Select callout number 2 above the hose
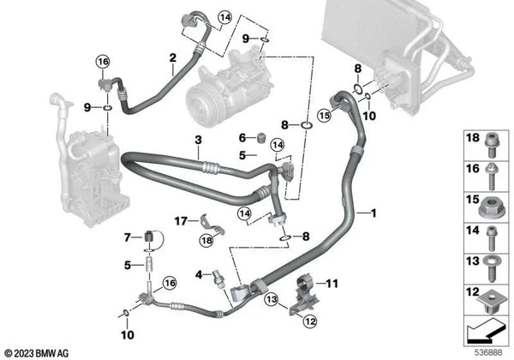[x=172, y=58]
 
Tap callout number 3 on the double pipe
[x=197, y=139]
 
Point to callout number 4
[x=197, y=274]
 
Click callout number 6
[x=242, y=135]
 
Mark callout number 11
[x=333, y=281]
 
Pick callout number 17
[x=181, y=221]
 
